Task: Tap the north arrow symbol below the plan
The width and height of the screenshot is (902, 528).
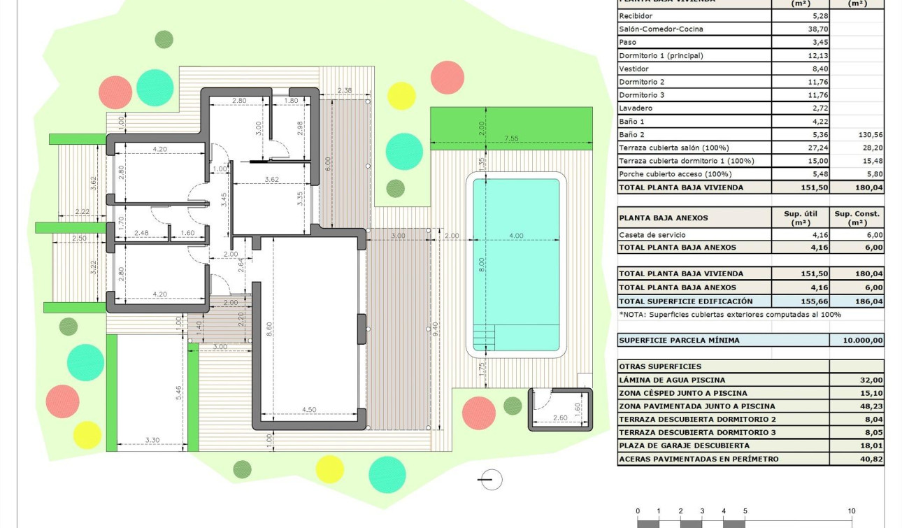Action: point(491,479)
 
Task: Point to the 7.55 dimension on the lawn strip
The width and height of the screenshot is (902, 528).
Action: point(511,138)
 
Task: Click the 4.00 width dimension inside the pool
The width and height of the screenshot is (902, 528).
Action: point(515,236)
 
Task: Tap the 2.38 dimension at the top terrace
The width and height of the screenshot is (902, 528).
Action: point(344,91)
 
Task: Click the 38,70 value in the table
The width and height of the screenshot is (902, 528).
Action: point(812,29)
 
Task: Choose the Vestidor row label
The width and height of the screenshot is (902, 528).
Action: point(633,69)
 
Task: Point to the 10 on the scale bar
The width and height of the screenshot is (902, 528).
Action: point(852,511)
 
